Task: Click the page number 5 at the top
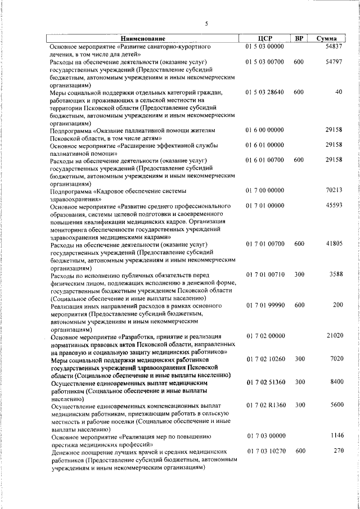tap(206, 24)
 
